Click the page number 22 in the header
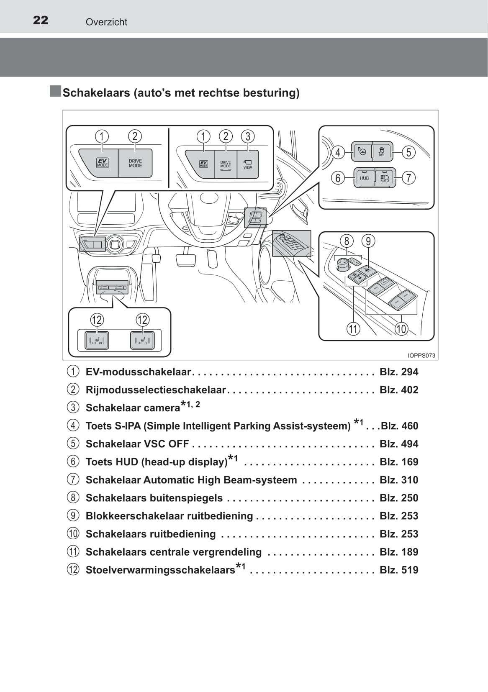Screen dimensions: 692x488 41,20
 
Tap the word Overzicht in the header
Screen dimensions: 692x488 106,22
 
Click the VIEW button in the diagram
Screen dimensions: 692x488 248,164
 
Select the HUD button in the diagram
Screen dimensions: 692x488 364,178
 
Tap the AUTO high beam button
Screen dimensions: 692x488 385,178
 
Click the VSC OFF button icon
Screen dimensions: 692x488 381,151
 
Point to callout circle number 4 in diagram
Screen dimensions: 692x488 338,152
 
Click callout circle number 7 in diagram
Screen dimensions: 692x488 408,178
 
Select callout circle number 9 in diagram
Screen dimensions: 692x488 368,241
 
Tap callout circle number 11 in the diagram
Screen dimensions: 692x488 353,329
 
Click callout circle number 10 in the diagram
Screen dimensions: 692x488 401,329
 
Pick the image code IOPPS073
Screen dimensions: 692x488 421,356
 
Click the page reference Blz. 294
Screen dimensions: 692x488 399,372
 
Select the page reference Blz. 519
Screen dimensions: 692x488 399,570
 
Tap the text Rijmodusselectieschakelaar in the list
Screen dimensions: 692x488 156,390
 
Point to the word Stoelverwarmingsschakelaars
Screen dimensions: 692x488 160,570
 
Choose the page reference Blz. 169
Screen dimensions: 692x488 399,462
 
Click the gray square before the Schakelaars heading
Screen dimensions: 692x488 55,91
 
